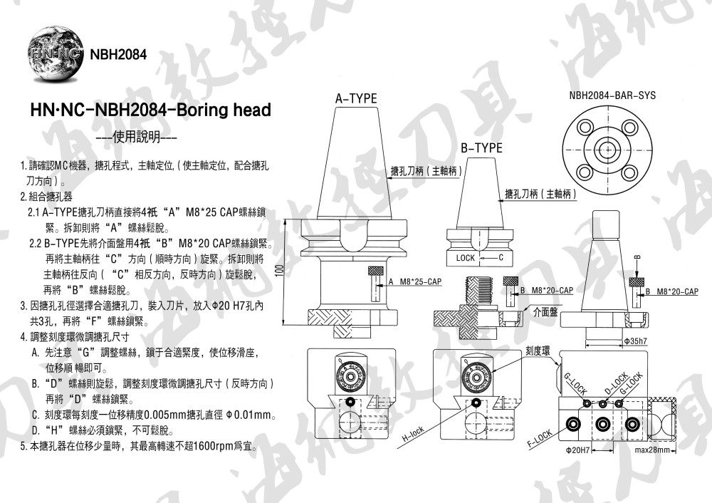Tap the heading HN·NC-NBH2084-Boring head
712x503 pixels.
[x=150, y=110]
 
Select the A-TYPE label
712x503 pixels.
[x=356, y=99]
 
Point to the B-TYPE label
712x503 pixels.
[x=481, y=148]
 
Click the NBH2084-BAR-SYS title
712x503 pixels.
[x=612, y=95]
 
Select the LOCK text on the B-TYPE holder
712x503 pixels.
[x=466, y=257]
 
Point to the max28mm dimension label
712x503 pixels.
[x=653, y=450]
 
